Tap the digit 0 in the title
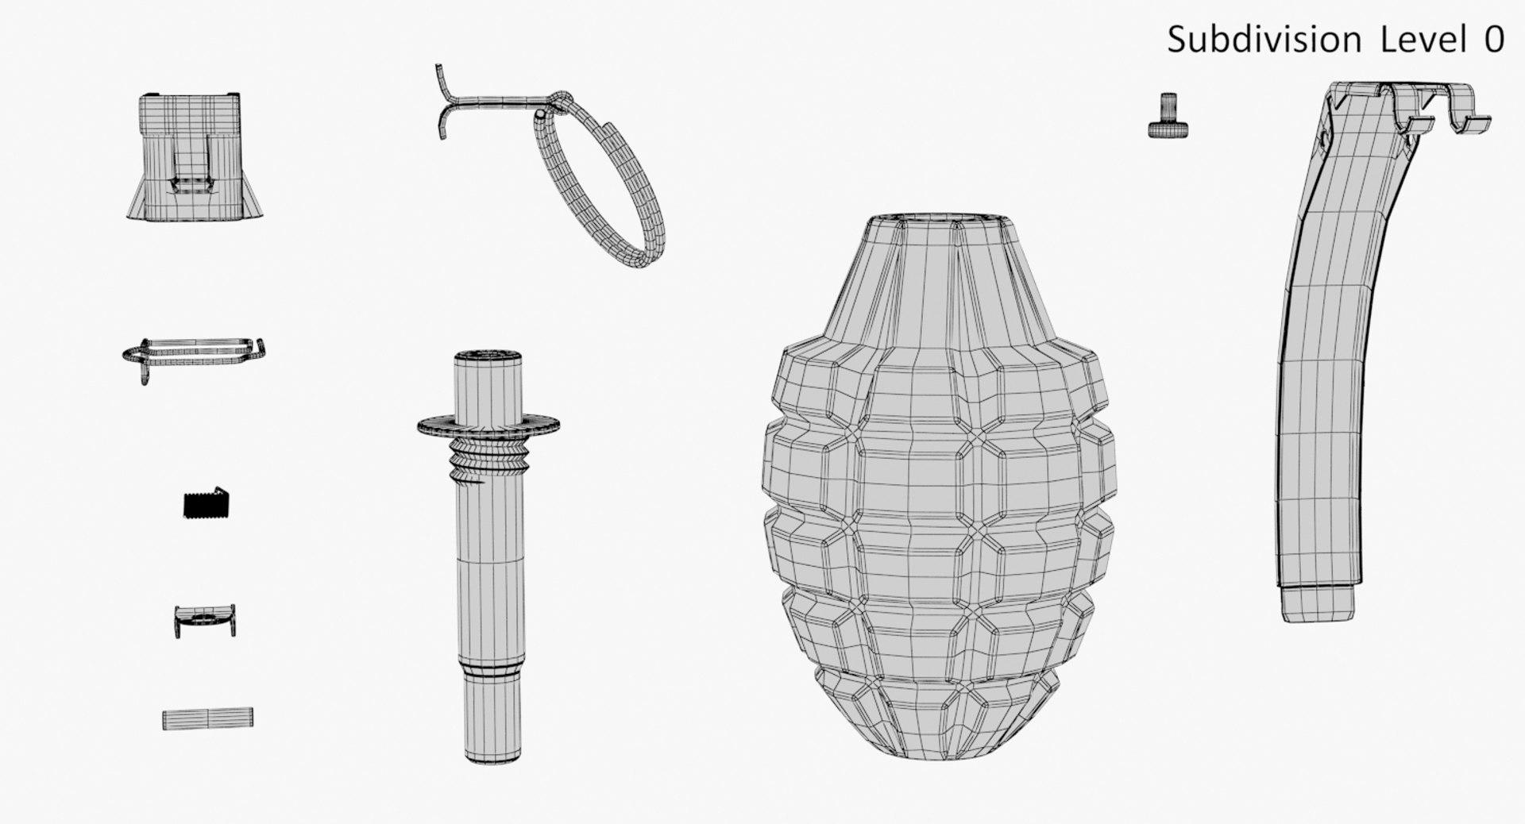(x=1494, y=40)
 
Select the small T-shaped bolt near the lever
(x=1168, y=117)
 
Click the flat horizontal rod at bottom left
(x=208, y=718)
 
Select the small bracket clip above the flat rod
(x=205, y=619)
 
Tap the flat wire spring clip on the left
(x=194, y=354)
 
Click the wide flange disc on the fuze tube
(x=488, y=427)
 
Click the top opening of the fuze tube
(x=487, y=354)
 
